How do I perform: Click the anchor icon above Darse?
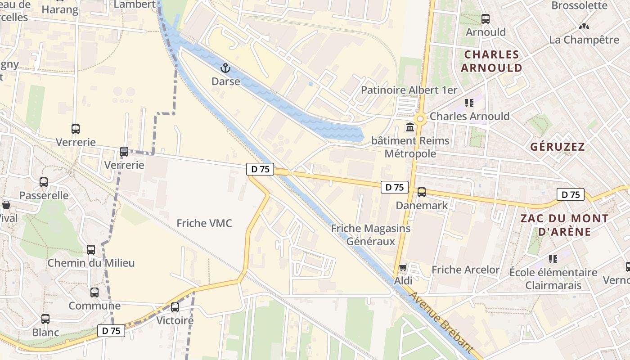(225, 68)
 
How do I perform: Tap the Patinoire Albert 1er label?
(409, 90)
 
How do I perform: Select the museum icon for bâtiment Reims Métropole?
(410, 127)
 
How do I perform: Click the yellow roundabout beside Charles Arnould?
(420, 119)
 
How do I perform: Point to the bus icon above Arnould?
(486, 19)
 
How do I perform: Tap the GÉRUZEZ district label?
(557, 147)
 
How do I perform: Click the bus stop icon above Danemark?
(422, 192)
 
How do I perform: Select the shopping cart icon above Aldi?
(403, 268)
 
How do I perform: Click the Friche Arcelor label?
(465, 270)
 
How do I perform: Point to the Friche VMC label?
(204, 223)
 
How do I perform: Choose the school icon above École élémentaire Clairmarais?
(553, 259)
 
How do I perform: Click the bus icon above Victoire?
(175, 307)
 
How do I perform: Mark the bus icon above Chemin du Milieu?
(91, 249)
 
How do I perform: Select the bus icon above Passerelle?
(44, 182)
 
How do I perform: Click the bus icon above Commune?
(94, 292)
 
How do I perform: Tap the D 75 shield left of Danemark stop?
(395, 187)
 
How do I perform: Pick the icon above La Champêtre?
(584, 27)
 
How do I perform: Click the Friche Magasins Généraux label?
(371, 235)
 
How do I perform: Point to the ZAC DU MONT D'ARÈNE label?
(564, 225)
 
